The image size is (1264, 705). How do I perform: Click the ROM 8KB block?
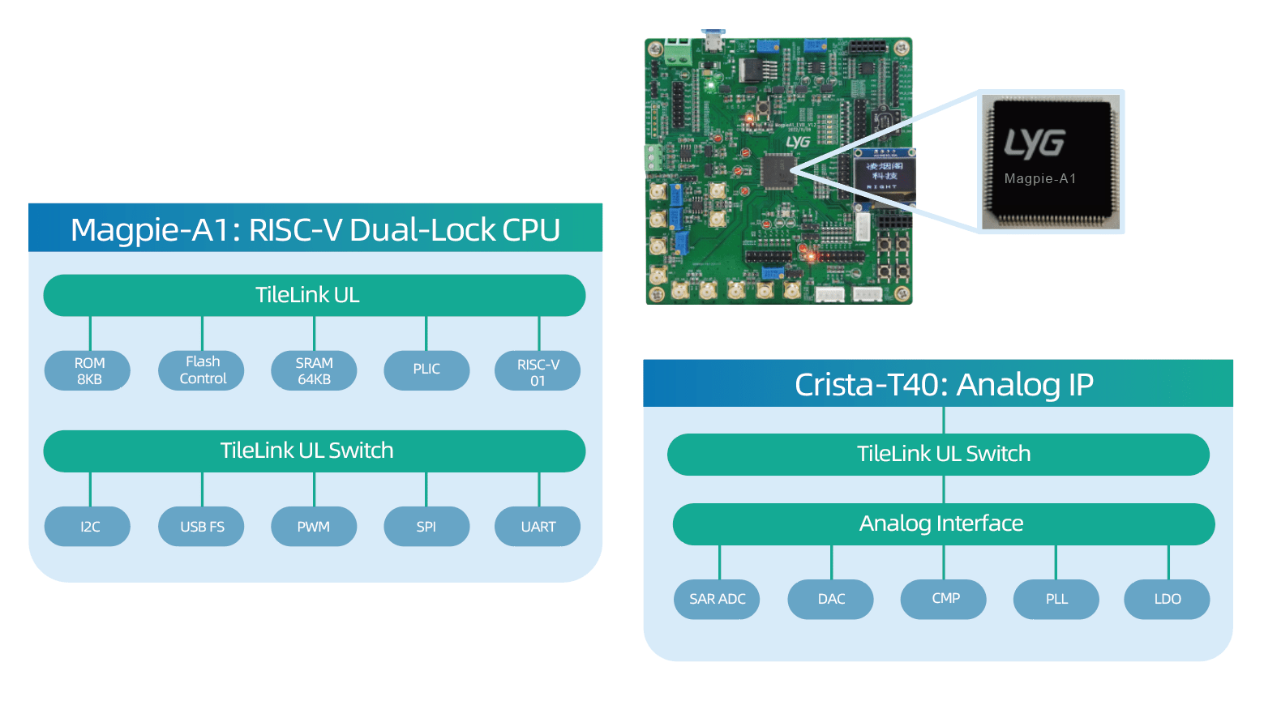point(89,371)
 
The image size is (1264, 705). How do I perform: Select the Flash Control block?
point(202,370)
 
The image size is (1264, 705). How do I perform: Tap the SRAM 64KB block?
point(314,371)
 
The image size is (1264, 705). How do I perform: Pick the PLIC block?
point(426,370)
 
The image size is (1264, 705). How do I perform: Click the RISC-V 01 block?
point(538,371)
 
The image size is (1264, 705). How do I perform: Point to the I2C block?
point(89,527)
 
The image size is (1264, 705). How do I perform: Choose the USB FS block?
point(202,527)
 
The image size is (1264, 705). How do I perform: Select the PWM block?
point(314,527)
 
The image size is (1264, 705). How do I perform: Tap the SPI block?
point(426,527)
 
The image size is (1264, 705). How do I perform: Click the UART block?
point(538,527)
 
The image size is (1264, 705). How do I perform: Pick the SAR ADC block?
point(717,600)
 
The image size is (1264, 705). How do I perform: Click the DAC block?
point(831,600)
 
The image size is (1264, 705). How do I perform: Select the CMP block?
point(944,599)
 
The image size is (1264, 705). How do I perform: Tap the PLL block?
point(1056,600)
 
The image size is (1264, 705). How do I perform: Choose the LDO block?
point(1168,600)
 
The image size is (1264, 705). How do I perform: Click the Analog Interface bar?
point(943,524)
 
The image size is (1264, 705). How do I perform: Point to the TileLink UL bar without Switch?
point(314,295)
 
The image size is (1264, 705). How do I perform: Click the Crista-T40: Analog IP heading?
point(943,384)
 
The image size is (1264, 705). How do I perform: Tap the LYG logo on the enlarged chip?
point(1035,143)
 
